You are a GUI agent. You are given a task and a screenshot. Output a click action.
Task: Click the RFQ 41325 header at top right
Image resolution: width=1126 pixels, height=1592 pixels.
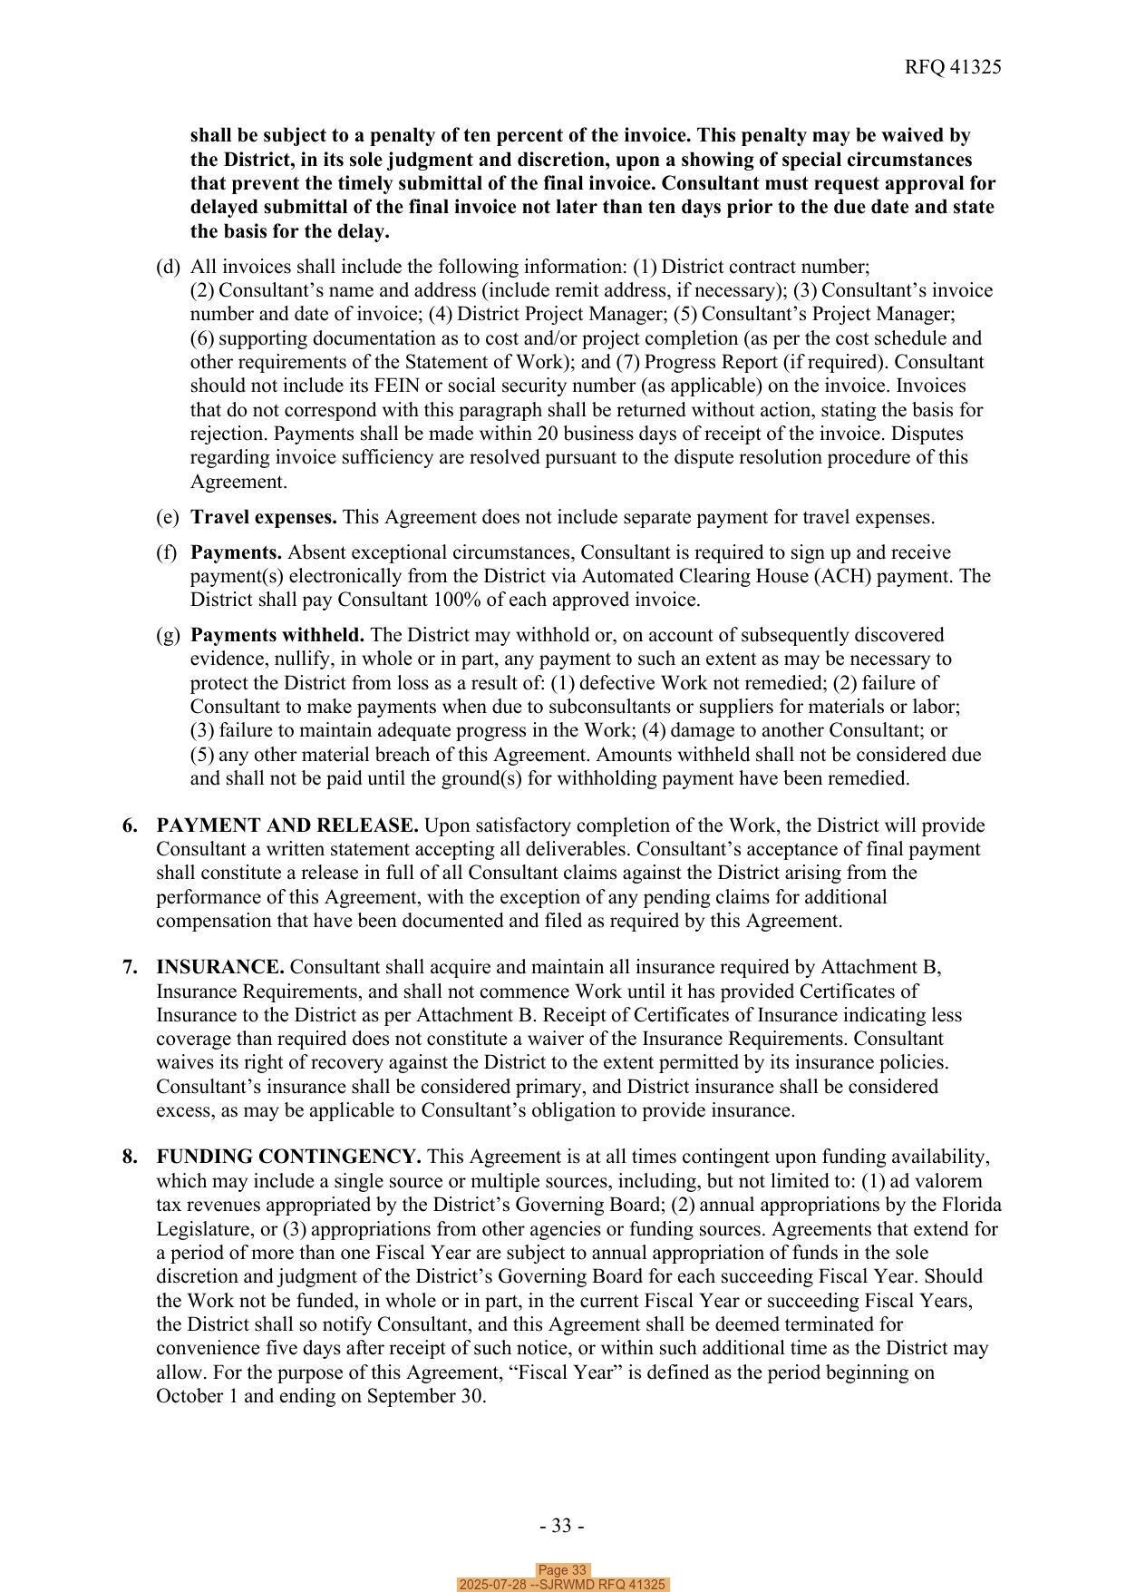pos(952,67)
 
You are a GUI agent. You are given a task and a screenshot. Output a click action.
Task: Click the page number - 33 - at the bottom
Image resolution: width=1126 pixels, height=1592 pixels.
pos(561,1526)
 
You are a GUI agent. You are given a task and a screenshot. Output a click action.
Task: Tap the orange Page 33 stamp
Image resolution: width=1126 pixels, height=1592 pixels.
pos(562,1570)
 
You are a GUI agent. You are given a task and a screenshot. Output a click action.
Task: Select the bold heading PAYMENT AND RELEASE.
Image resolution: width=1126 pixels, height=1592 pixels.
pos(286,825)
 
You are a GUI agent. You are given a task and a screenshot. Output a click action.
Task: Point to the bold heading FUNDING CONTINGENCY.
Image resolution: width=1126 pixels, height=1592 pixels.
pos(288,1157)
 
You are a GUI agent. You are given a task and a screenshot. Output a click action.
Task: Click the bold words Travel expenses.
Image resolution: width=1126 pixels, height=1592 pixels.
pos(263,517)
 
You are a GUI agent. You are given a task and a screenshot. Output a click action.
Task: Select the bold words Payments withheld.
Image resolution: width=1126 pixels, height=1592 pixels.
pos(277,635)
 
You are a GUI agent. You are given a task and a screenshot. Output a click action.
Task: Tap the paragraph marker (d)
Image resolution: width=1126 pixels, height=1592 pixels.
pos(168,267)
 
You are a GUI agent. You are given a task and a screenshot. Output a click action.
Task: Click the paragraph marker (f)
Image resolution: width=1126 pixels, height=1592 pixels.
pos(167,552)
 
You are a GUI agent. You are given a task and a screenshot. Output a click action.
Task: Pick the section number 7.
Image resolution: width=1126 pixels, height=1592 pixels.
pos(131,967)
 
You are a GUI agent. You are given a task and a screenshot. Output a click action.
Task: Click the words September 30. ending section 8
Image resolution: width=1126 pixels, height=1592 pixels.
pos(426,1395)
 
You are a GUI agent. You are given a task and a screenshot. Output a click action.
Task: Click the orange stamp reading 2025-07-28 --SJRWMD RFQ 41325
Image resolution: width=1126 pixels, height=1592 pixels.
pos(562,1585)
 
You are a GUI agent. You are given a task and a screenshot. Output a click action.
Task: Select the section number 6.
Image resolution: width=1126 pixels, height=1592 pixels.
pos(131,825)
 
